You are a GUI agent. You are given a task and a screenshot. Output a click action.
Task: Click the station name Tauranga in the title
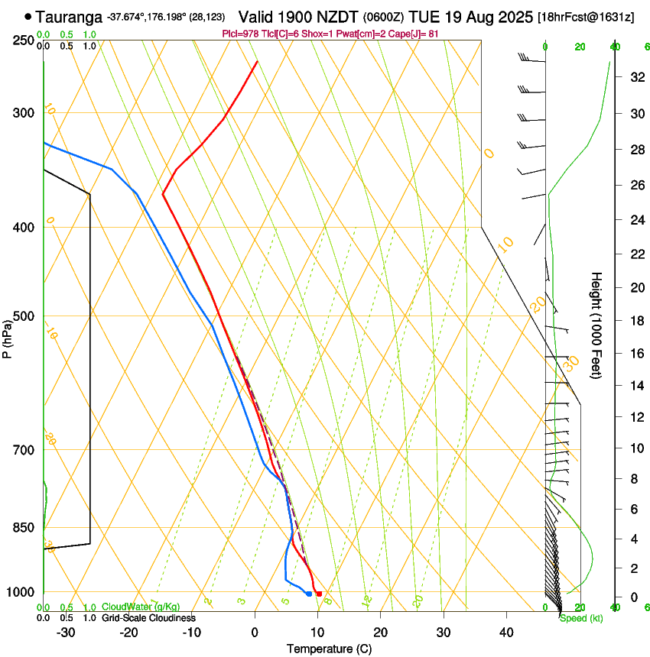70,16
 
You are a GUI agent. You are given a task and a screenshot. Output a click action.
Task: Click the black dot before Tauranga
28,16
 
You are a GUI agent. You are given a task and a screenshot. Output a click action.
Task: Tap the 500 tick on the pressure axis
24,316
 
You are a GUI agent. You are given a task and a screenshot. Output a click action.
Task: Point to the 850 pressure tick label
24,528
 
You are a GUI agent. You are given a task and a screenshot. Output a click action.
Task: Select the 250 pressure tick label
24,40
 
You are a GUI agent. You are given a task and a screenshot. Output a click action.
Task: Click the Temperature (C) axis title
329,649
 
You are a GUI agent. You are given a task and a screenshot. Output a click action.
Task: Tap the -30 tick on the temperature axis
66,633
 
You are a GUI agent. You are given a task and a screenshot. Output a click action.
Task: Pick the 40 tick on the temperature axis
506,633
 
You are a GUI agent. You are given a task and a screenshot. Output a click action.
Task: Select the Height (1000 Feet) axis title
596,325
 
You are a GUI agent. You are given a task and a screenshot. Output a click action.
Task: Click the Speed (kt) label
580,618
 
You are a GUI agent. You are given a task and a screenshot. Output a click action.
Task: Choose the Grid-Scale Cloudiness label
148,617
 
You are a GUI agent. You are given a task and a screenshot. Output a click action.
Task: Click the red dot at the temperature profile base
319,594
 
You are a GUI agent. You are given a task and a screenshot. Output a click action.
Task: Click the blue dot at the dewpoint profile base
309,594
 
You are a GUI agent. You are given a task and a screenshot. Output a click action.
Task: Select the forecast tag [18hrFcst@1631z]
586,17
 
